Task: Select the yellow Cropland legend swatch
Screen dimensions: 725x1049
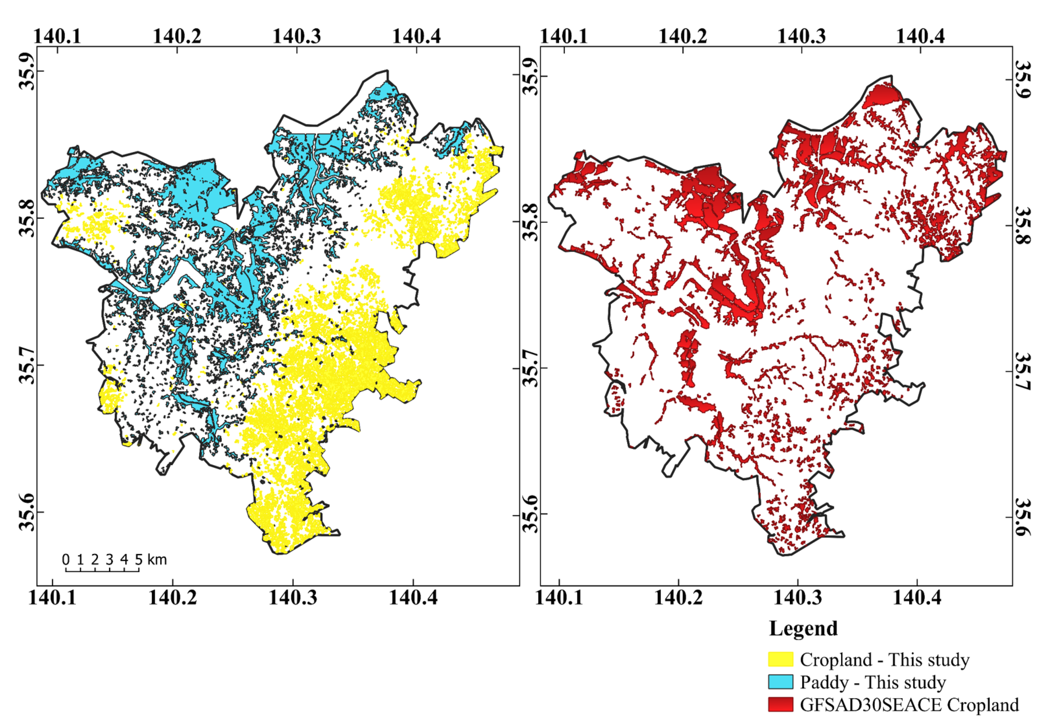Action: [x=780, y=659]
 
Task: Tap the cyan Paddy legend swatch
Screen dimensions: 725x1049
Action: [x=780, y=682]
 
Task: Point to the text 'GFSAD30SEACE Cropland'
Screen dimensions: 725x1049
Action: [x=909, y=705]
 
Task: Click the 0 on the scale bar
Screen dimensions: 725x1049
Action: [x=66, y=559]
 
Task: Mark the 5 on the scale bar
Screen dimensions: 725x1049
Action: [x=139, y=559]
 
